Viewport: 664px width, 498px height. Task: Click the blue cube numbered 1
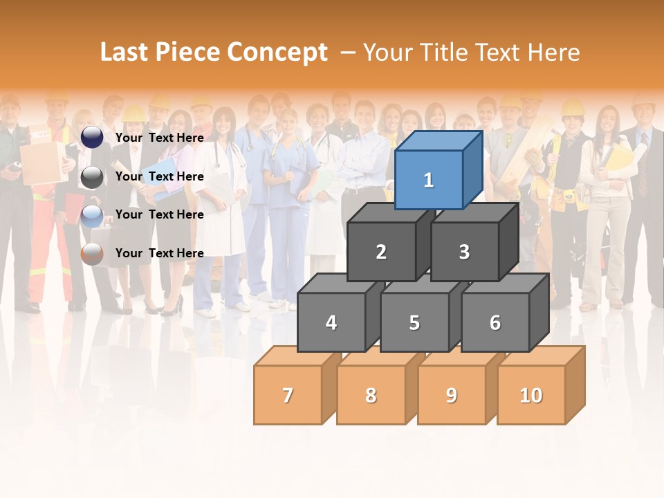[x=429, y=180]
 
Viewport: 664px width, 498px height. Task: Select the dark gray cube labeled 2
[x=381, y=252]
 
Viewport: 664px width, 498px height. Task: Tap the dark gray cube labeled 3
[x=464, y=252]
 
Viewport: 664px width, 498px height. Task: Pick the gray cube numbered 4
[x=331, y=322]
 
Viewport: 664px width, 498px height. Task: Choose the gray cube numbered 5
[x=414, y=322]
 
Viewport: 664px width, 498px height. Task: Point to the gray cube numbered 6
[x=495, y=322]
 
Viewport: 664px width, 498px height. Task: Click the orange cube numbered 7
[x=288, y=395]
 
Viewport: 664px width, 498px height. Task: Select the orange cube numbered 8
[x=371, y=395]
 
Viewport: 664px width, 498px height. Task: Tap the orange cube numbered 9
[x=452, y=395]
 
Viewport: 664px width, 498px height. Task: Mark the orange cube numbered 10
[x=531, y=395]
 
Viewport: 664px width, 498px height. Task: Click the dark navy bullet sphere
[x=92, y=138]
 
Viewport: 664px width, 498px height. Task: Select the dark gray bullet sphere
[x=92, y=177]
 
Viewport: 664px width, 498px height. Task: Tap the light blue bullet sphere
[x=92, y=216]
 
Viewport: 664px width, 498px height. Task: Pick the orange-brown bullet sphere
[x=92, y=254]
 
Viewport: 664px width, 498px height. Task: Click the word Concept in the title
[x=277, y=53]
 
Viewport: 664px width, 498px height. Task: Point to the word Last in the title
[x=126, y=53]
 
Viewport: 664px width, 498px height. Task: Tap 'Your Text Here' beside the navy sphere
[x=160, y=138]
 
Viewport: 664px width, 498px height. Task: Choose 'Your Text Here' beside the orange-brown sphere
[x=160, y=253]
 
